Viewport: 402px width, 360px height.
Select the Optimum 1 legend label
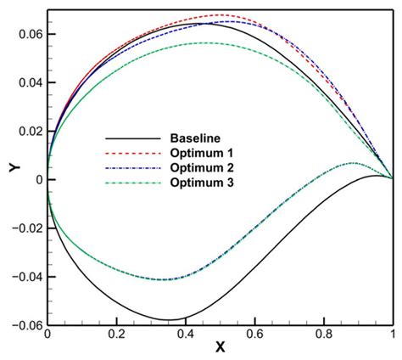[198, 153]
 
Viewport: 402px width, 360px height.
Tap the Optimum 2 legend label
[198, 168]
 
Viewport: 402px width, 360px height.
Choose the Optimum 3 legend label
[198, 183]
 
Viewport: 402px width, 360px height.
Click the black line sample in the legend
[132, 138]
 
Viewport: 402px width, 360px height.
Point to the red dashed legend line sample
[132, 153]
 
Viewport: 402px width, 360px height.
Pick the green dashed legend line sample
[132, 183]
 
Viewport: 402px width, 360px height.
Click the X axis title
[221, 349]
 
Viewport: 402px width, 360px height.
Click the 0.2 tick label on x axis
[116, 335]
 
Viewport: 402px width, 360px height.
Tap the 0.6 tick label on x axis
[254, 335]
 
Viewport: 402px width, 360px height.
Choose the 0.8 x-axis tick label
[323, 335]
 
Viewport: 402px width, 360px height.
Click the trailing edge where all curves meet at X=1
[392, 178]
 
